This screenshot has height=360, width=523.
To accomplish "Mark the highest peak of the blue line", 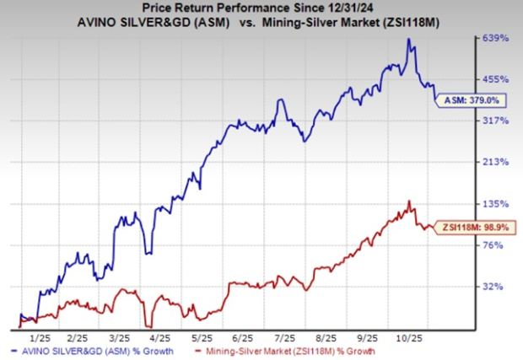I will pyautogui.click(x=408, y=39).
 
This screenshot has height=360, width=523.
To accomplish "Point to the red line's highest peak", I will pyautogui.click(x=409, y=201).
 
